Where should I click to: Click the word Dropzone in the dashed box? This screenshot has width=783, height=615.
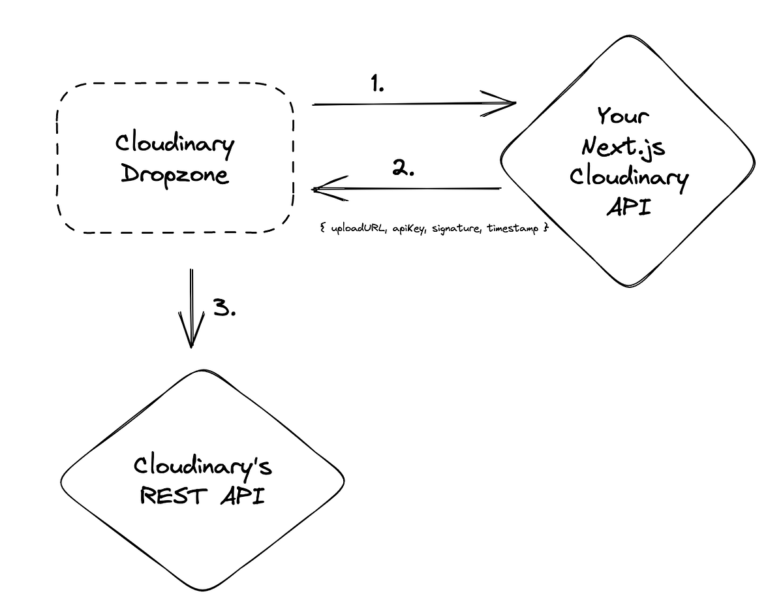coord(174,176)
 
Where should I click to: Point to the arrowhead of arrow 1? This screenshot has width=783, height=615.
coord(509,103)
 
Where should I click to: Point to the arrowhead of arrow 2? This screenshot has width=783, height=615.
coord(320,189)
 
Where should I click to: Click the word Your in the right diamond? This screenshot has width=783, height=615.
coord(623,117)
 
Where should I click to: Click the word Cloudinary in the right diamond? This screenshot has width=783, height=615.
coord(628,178)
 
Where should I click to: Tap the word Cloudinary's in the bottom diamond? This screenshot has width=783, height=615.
coord(203,466)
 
